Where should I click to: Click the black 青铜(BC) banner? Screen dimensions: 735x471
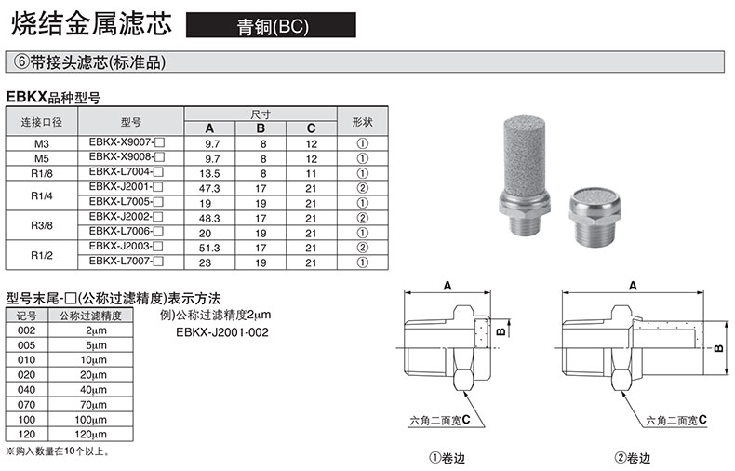[271, 25]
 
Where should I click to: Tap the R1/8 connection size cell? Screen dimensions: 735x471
[42, 173]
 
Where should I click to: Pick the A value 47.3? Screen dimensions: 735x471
[209, 189]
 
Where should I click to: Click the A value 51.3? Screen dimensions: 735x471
[209, 249]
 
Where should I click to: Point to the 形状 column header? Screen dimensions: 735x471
[362, 122]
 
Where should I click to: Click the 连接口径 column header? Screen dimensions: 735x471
[42, 122]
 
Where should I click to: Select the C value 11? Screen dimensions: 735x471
[312, 173]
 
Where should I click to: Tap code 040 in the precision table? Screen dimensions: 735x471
[26, 390]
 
